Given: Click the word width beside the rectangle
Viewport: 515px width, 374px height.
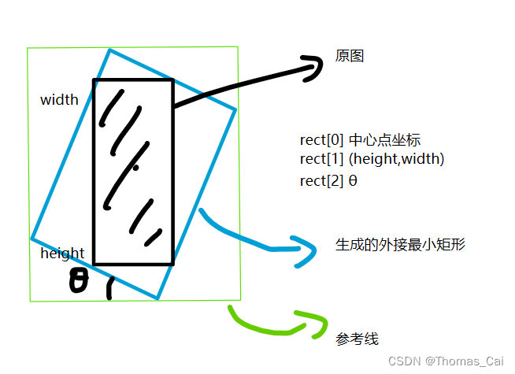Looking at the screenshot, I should point(59,100).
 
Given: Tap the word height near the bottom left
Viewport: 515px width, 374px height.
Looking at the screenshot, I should point(62,254).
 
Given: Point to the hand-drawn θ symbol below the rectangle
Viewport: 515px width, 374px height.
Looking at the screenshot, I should point(79,281).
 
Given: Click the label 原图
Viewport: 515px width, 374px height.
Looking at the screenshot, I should point(350,57).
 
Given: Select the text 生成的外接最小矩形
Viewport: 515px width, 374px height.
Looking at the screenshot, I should point(400,244).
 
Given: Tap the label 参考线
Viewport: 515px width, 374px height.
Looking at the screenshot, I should point(357,339).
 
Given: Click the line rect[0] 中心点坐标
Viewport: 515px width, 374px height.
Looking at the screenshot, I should point(361,140).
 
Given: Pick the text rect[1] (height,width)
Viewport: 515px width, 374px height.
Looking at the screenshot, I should point(372,159).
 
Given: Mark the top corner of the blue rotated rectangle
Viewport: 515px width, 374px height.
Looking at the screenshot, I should point(109,50).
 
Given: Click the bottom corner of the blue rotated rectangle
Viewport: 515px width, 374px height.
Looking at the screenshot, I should point(157,299).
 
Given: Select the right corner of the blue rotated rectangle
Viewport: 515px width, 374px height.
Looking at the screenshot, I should point(235,109).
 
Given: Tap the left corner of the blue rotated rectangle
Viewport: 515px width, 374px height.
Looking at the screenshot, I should point(31,238).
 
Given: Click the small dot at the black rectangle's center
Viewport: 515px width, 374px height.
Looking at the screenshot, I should point(135,168).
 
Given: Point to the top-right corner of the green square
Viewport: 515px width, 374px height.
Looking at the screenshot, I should point(238,47).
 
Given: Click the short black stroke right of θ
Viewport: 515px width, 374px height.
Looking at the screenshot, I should point(109,289).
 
